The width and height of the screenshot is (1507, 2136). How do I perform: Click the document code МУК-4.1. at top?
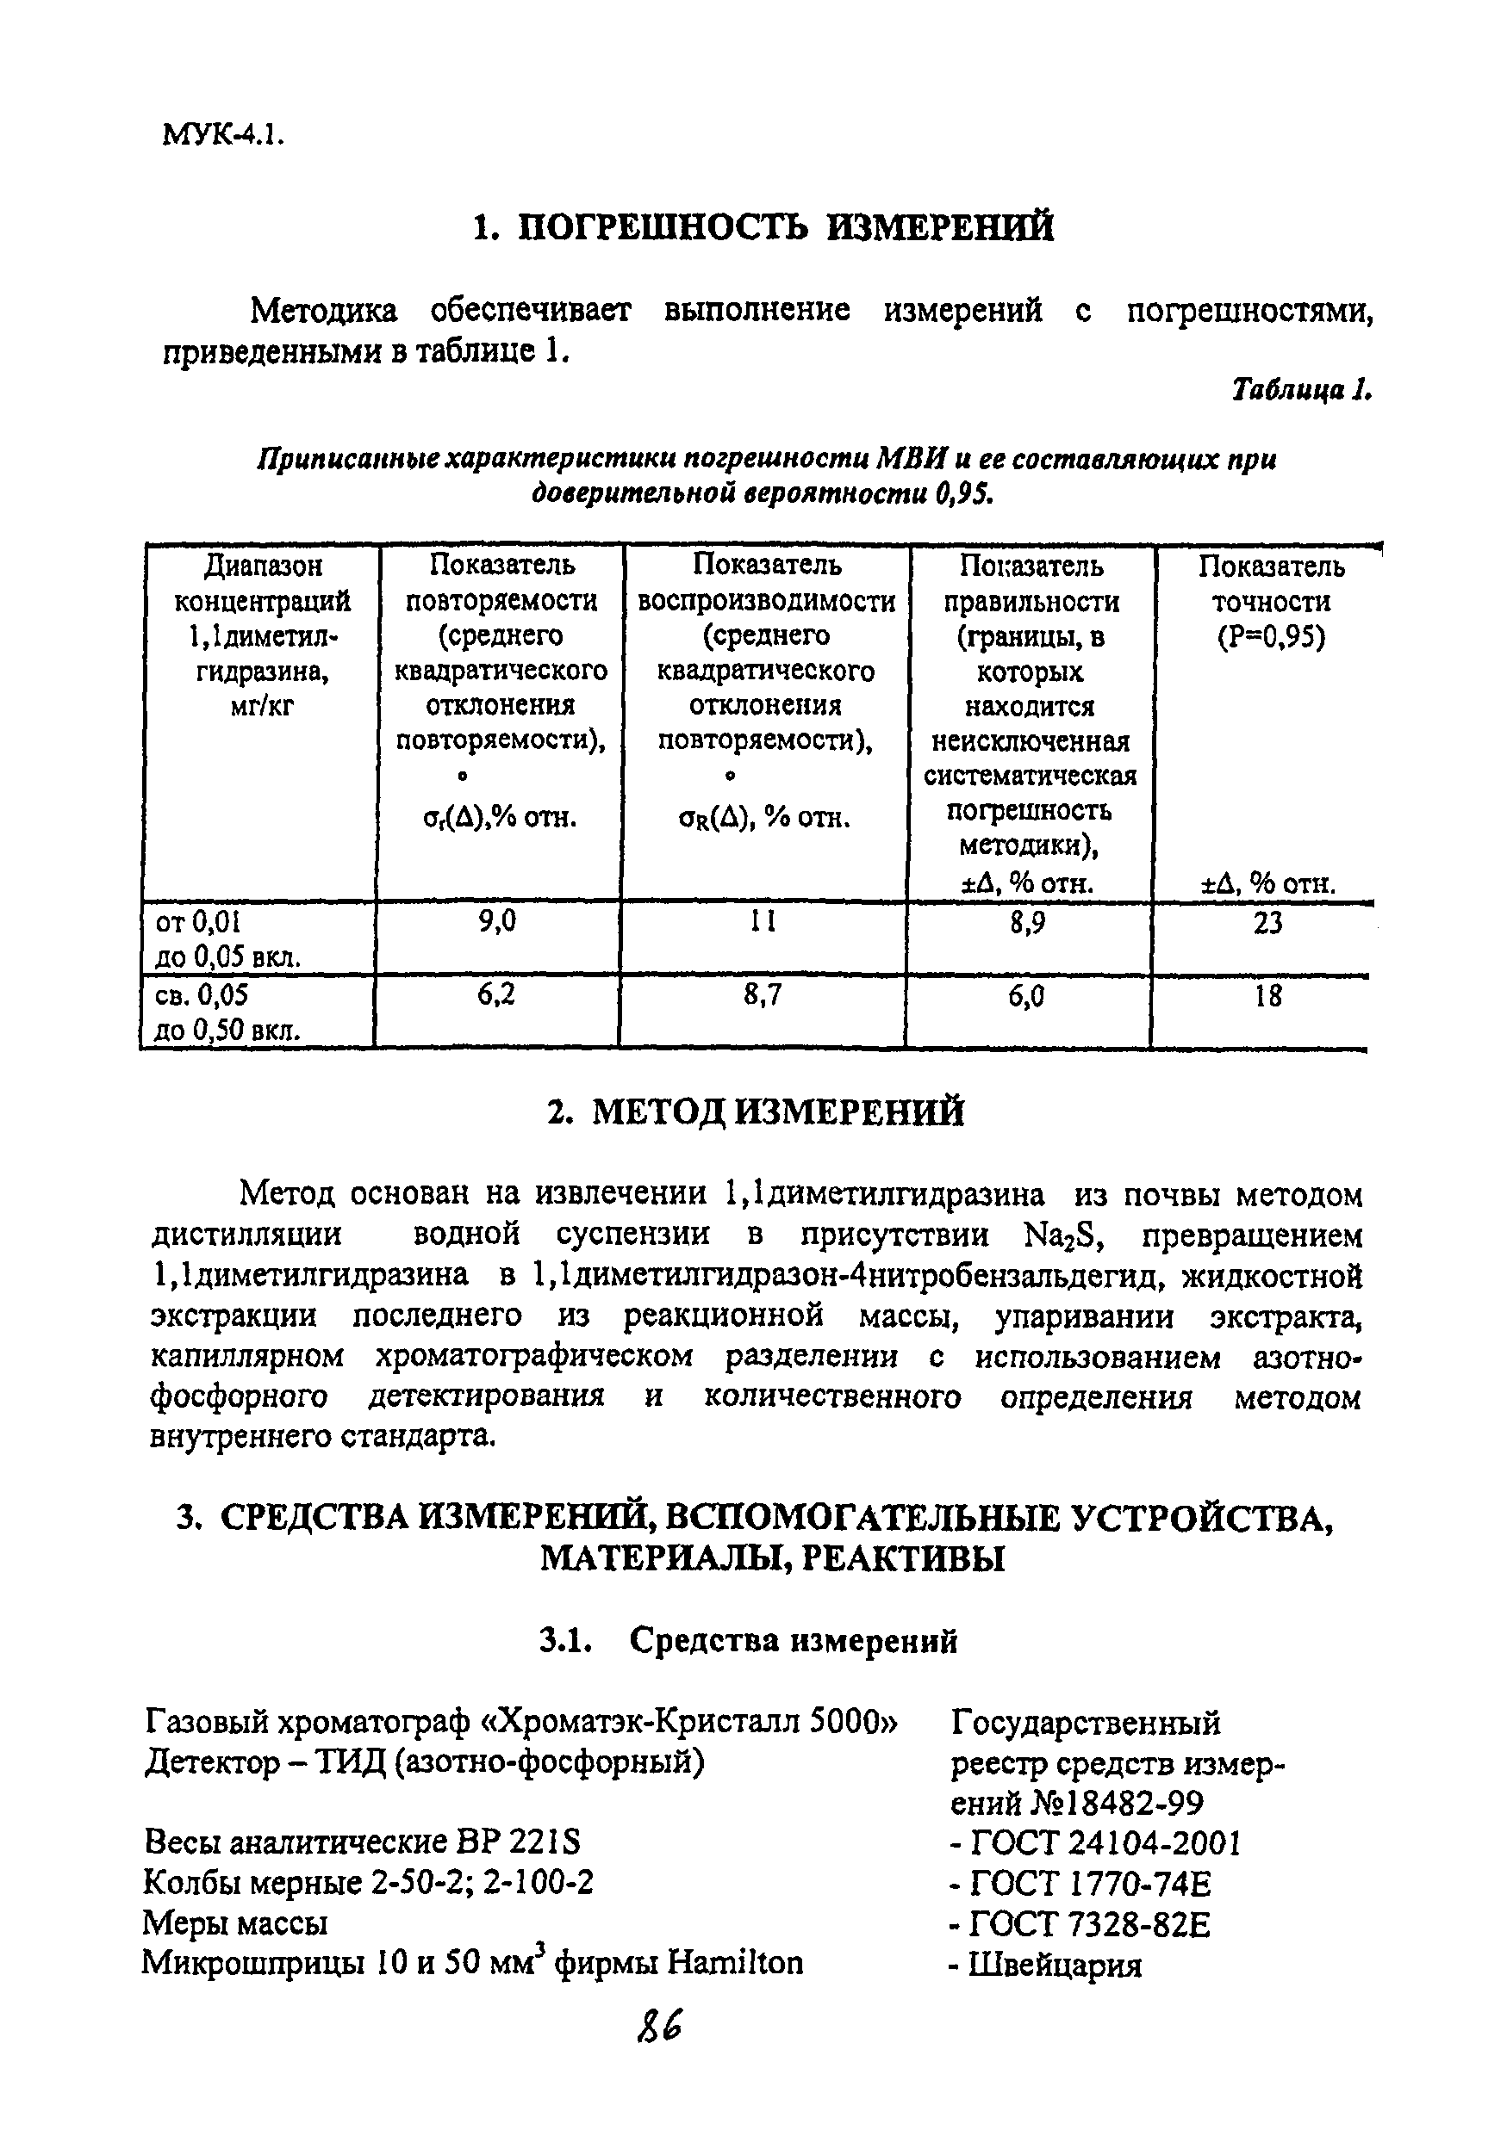[222, 135]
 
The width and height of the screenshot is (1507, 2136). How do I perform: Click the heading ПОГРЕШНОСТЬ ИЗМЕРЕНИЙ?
[763, 227]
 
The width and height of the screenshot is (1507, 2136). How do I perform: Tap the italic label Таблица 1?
[1301, 389]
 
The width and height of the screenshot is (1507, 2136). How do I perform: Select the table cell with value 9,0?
[496, 922]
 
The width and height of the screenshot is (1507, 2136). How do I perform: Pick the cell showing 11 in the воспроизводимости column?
[763, 922]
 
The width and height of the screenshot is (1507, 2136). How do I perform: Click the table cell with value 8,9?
[1028, 924]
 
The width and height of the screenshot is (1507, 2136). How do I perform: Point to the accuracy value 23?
[1267, 924]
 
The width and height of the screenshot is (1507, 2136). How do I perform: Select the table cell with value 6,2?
[496, 995]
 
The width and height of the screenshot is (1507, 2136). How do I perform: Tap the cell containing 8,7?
[763, 996]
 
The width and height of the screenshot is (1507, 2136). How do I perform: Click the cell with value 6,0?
[1028, 997]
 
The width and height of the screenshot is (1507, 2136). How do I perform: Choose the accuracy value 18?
[1267, 997]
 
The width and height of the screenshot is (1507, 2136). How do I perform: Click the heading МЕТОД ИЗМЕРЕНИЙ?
[756, 1112]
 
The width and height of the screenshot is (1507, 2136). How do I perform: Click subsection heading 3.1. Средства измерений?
[749, 1640]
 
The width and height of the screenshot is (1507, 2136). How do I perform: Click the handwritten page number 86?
[660, 2025]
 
